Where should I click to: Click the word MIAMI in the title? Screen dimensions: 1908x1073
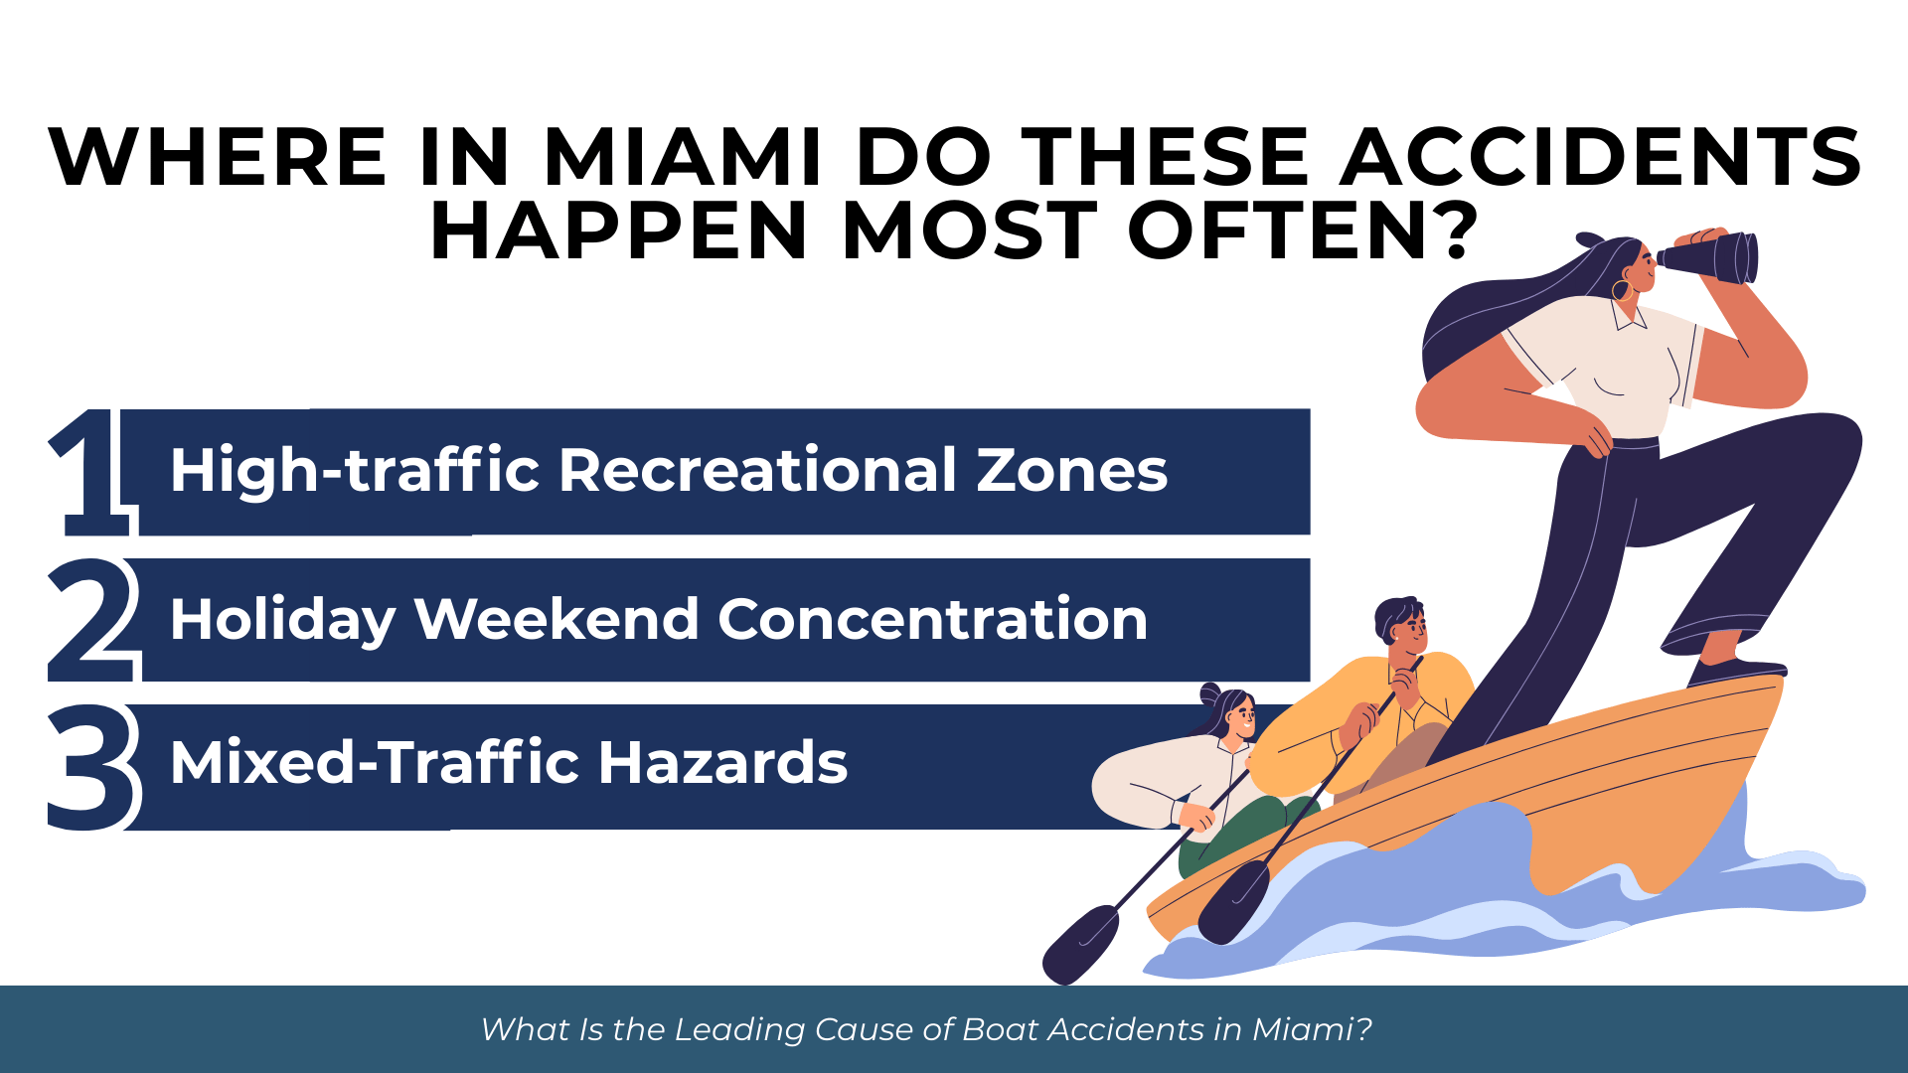[683, 157]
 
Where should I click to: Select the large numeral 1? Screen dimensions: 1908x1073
[91, 473]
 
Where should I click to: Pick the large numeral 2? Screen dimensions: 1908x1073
[93, 620]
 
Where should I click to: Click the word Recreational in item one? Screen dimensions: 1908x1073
[758, 469]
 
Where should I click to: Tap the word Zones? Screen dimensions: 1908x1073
[1072, 470]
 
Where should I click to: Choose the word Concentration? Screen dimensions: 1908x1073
[933, 619]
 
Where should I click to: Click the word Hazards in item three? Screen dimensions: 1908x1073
[722, 762]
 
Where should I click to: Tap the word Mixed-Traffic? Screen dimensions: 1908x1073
[375, 762]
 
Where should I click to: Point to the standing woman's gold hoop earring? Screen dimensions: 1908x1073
[1622, 290]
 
